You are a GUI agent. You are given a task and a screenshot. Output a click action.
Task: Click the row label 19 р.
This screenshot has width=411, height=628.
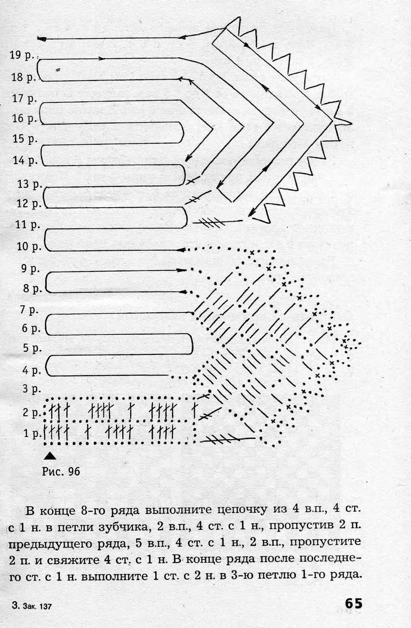(x=22, y=55)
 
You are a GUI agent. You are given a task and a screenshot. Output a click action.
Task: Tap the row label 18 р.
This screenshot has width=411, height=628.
(x=24, y=77)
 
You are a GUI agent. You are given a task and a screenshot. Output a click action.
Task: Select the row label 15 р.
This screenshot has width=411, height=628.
(x=25, y=139)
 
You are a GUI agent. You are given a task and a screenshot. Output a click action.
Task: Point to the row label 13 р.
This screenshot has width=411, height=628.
(x=29, y=184)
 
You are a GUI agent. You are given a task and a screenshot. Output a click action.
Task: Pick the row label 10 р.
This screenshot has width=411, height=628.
(x=29, y=247)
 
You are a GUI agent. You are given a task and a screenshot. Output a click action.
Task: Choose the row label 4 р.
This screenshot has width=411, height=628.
(x=31, y=371)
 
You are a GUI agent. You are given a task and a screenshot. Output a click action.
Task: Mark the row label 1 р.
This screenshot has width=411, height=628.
(x=32, y=434)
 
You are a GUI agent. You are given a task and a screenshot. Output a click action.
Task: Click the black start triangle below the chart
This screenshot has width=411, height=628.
(x=50, y=456)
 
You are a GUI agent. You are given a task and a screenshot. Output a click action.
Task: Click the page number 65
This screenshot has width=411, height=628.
(x=354, y=603)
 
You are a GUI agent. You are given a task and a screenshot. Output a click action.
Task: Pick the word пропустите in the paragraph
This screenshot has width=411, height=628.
(x=325, y=544)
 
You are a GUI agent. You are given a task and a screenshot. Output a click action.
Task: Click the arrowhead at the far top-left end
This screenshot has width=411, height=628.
(x=42, y=39)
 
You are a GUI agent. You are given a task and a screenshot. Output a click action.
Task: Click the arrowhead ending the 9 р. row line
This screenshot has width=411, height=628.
(x=182, y=270)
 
